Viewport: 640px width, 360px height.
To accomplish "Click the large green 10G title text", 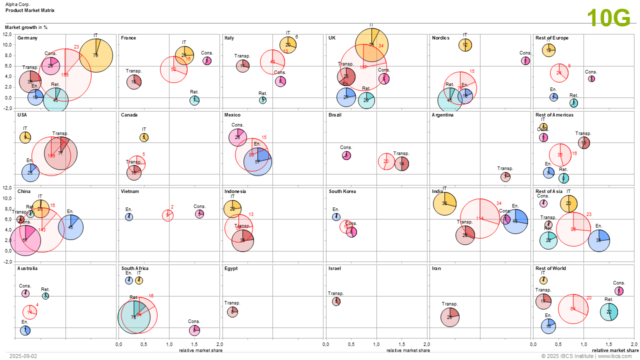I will (x=608, y=18).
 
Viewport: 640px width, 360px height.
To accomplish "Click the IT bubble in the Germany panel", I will (x=95, y=55).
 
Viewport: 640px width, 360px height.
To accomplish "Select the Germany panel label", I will (x=27, y=38).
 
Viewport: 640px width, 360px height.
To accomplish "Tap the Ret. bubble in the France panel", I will (x=194, y=100).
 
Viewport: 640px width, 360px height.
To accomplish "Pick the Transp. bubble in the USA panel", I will (x=60, y=153).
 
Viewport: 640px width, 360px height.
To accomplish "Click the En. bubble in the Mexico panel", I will (x=257, y=161).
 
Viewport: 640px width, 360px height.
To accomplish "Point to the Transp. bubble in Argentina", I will (x=505, y=176).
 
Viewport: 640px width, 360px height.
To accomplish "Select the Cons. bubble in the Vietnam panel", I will (x=199, y=214).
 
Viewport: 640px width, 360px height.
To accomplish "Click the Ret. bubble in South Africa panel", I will (x=133, y=317).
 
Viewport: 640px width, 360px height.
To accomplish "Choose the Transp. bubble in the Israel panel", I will (x=336, y=301).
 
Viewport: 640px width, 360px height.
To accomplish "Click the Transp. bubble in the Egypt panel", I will (x=232, y=311).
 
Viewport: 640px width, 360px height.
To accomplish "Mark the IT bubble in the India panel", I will (x=444, y=203).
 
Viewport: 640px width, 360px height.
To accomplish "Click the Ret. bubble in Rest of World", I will (x=608, y=312).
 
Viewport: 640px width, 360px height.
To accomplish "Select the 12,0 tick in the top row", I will (x=7, y=34).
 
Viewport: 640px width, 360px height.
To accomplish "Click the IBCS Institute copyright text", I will (x=589, y=356).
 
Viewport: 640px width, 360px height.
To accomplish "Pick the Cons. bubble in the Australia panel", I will (x=25, y=293).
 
